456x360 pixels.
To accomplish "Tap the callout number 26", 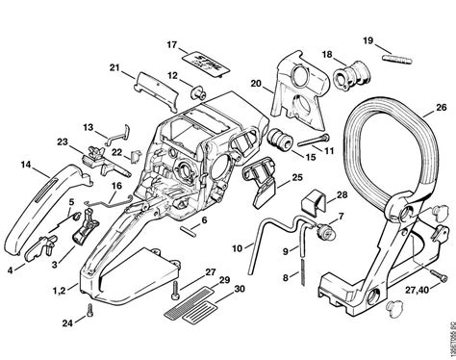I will pyautogui.click(x=441, y=108).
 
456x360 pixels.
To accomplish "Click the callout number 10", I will pyautogui.click(x=236, y=248).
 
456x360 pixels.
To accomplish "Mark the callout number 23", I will pyautogui.click(x=63, y=143).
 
